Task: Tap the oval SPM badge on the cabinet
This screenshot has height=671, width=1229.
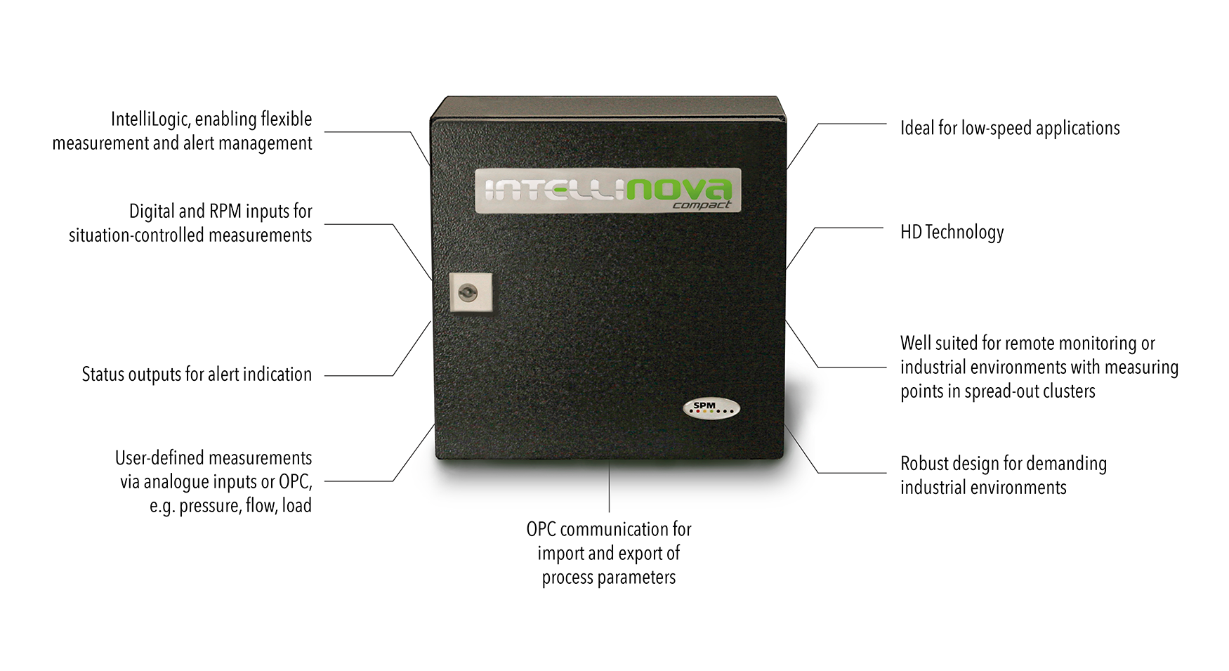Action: click(x=711, y=408)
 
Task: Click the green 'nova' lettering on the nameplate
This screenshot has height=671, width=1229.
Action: click(x=678, y=189)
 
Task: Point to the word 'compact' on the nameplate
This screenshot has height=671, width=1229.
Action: click(x=702, y=205)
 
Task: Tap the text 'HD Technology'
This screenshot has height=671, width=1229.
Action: click(x=952, y=233)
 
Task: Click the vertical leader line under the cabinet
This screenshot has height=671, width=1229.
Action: click(x=609, y=486)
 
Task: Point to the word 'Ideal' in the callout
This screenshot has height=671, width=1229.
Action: click(x=917, y=129)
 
